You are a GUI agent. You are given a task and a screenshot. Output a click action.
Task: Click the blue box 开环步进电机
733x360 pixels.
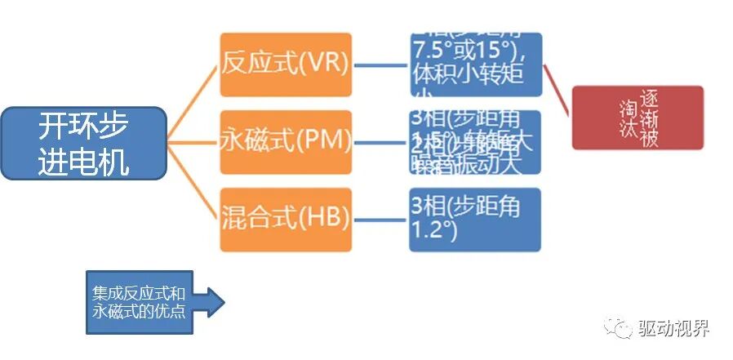pyautogui.click(x=83, y=144)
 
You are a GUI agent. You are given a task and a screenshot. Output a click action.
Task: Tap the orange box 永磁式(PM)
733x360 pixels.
pyautogui.click(x=286, y=141)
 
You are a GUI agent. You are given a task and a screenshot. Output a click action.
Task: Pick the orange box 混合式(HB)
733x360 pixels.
pyautogui.click(x=286, y=218)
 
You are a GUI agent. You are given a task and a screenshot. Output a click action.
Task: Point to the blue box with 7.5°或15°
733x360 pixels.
pyautogui.click(x=476, y=64)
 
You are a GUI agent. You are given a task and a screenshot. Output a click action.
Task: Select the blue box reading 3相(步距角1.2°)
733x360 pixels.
pyautogui.click(x=476, y=220)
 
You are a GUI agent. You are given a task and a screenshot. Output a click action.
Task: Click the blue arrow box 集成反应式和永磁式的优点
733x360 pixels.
pyautogui.click(x=140, y=302)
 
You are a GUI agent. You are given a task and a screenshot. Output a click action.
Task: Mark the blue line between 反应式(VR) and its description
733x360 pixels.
pyautogui.click(x=380, y=65)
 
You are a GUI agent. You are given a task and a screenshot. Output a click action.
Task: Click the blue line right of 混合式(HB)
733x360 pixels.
pyautogui.click(x=380, y=219)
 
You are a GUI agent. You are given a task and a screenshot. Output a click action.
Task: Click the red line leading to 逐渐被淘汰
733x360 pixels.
pyautogui.click(x=558, y=90)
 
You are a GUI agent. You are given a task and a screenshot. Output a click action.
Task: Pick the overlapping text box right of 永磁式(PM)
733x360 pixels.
pyautogui.click(x=476, y=142)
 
